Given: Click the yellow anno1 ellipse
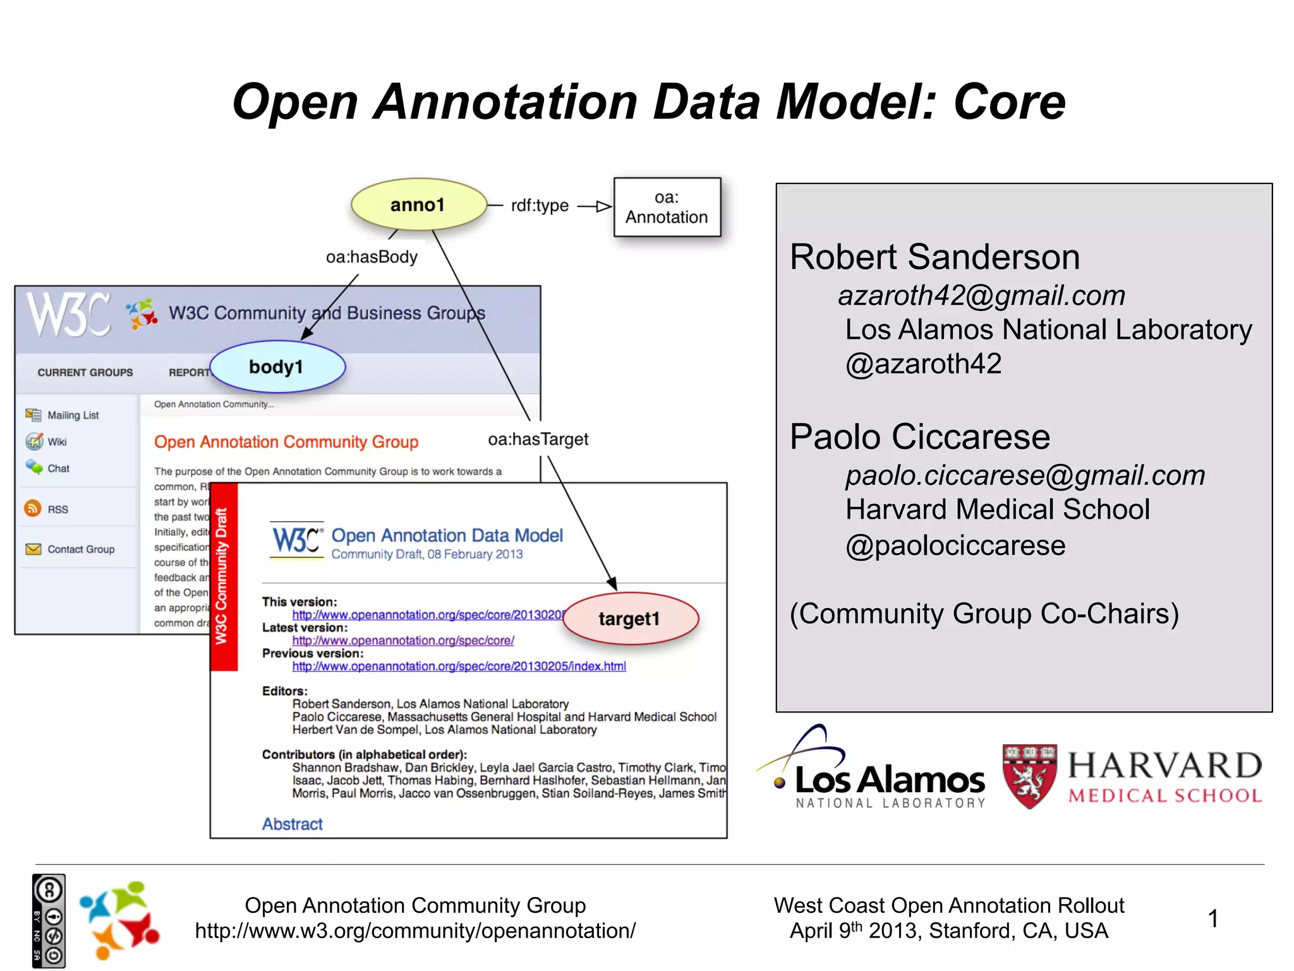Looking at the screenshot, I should click(x=418, y=205).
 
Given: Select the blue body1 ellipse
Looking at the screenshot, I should click(x=277, y=367).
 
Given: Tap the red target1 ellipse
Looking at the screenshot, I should click(x=630, y=618).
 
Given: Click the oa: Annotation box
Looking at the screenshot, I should click(x=667, y=207).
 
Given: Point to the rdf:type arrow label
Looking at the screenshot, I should click(x=540, y=205).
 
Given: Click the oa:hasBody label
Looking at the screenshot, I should click(x=372, y=257).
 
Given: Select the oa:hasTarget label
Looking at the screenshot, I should click(x=538, y=439).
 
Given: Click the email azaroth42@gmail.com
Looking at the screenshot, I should click(x=981, y=296).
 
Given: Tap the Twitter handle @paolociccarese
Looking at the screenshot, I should click(x=955, y=546).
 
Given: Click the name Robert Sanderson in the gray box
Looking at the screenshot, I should click(x=934, y=257).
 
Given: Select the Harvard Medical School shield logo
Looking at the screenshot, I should click(x=1029, y=776).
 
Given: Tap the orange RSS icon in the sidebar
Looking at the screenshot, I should click(x=32, y=508).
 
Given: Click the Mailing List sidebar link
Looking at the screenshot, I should click(x=73, y=415).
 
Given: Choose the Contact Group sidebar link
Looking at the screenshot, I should click(x=81, y=549).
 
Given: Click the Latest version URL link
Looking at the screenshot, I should click(x=402, y=640).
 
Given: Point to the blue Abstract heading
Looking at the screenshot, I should click(x=292, y=824).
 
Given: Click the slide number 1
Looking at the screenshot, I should click(x=1212, y=918).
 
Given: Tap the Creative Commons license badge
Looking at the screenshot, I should click(x=49, y=920).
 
